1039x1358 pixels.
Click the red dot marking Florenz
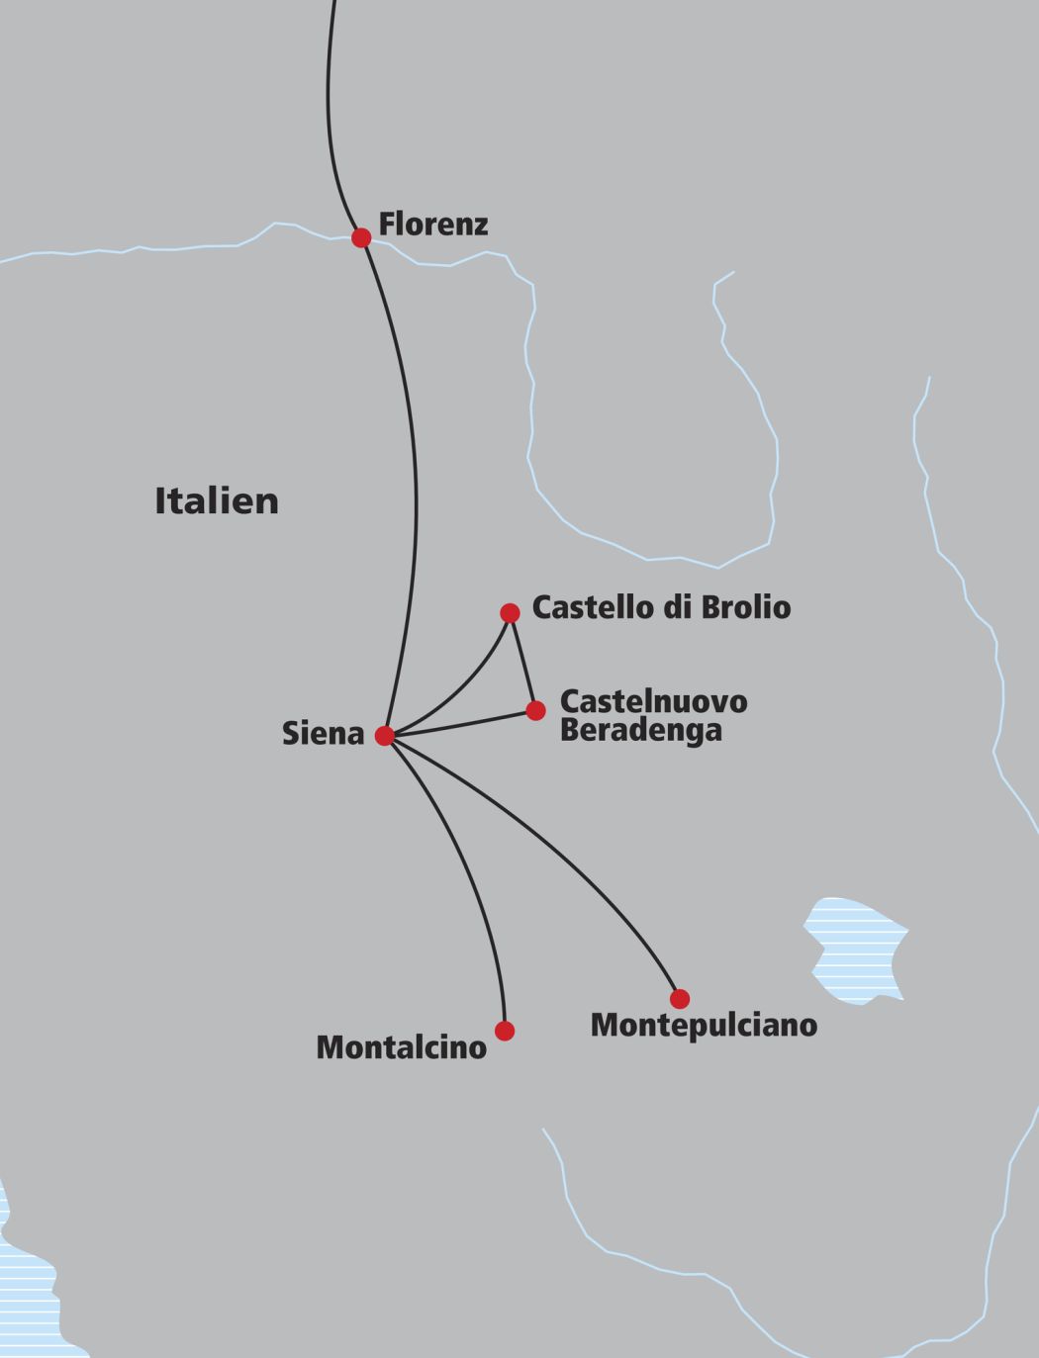coord(361,237)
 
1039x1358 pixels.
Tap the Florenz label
coord(433,225)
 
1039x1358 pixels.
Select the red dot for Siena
coord(385,736)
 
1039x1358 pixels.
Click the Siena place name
coord(324,734)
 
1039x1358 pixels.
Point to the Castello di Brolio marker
coord(510,613)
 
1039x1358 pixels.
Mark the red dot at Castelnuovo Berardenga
coord(535,710)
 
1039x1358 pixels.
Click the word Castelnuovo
coord(653,701)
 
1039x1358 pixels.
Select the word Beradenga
coord(640,731)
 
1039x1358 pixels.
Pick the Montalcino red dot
coord(505,1031)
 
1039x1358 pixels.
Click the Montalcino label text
coord(401,1047)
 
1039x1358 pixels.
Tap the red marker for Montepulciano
coord(679,998)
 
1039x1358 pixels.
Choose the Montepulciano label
coord(704,1025)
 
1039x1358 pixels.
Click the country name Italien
coord(217,500)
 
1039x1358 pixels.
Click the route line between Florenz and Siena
coord(416,495)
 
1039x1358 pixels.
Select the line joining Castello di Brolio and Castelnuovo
coord(522,662)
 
